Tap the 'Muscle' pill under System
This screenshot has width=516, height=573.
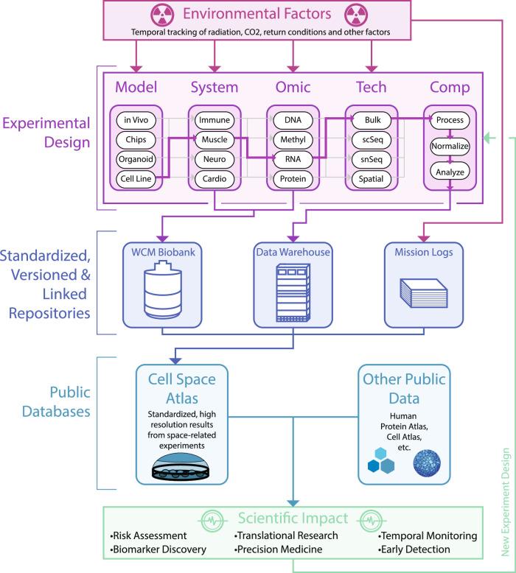coord(214,138)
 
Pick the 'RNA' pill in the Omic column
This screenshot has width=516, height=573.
coord(292,158)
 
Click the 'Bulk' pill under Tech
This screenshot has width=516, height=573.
coord(371,119)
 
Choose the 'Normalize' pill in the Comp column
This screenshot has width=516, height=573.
coord(450,147)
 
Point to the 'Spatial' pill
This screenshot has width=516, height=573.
coord(371,178)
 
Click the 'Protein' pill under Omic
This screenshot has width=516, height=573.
coord(292,178)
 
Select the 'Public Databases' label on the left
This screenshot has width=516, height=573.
coord(54,398)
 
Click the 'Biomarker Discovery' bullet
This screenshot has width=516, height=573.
coord(159,549)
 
